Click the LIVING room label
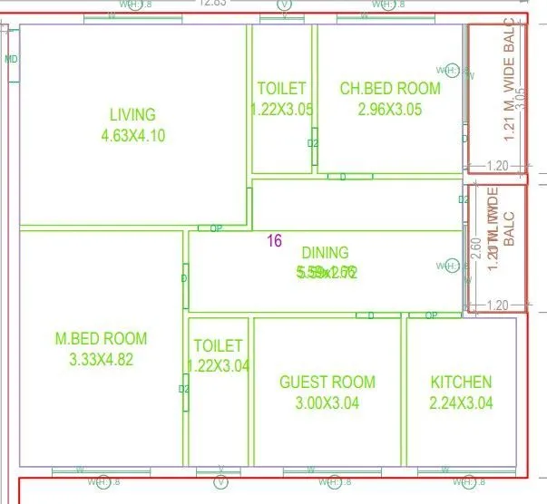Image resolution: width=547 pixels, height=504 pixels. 132,115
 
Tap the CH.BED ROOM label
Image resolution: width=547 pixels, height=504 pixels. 390,89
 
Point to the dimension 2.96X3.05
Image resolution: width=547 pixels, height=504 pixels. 390,109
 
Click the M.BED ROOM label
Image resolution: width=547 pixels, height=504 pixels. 101,339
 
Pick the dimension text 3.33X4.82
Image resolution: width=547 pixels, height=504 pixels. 101,360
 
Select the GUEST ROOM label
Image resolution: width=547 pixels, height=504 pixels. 327,383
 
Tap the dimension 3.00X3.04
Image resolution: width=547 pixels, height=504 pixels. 327,403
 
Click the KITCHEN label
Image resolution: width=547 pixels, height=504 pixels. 461,383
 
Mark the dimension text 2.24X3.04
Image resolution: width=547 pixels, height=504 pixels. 461,403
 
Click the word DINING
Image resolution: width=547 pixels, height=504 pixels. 325,253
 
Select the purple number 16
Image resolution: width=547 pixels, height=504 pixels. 274,241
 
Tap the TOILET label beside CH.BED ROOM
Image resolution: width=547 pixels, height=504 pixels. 282,89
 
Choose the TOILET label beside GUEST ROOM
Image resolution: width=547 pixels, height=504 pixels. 218,346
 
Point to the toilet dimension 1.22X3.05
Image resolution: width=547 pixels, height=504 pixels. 282,109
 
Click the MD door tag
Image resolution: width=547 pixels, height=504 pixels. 11,60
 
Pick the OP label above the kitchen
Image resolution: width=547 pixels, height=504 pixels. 431,315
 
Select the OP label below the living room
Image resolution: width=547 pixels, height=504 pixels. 216,228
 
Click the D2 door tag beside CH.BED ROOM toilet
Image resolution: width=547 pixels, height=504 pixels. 313,143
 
